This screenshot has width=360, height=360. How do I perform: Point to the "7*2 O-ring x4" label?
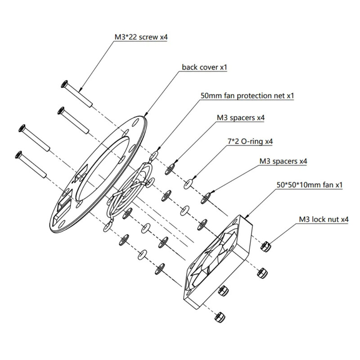(x=249, y=141)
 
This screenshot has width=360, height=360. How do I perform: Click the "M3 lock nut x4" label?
(x=324, y=220)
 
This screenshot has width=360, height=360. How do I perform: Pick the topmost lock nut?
(x=266, y=246)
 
